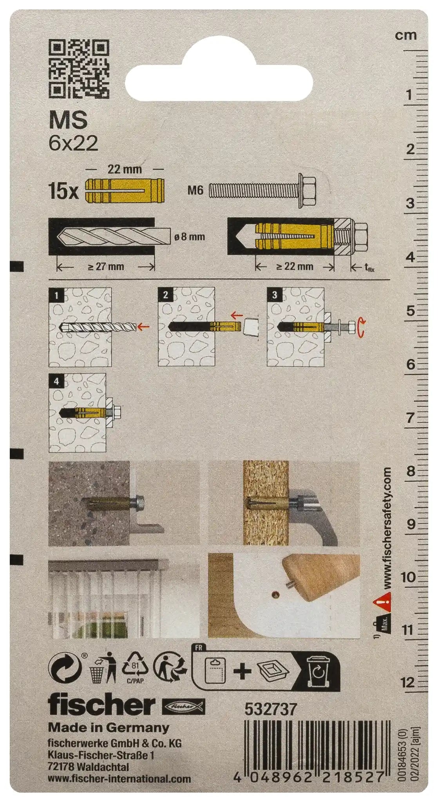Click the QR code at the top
79,69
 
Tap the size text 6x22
73,144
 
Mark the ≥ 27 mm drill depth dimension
106,267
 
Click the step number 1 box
57,295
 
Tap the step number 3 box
275,295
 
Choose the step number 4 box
56,381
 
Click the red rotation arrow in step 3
362,327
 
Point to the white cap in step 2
251,327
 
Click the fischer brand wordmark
102,705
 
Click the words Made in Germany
109,728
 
